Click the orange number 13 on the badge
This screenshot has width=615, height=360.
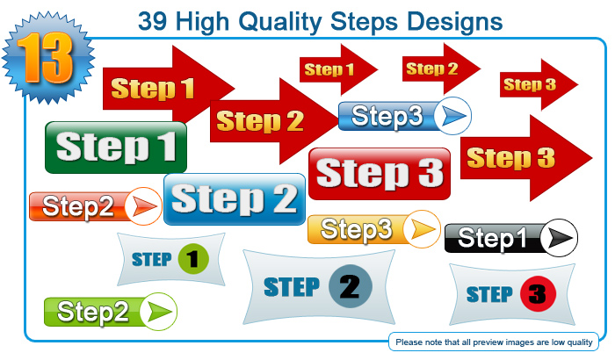(x=46, y=58)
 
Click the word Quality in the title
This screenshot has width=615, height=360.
(x=280, y=22)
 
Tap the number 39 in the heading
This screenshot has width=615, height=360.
(x=153, y=21)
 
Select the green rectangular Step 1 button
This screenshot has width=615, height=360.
(x=116, y=148)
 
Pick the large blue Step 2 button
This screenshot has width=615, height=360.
(x=235, y=199)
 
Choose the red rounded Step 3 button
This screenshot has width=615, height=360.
(x=380, y=174)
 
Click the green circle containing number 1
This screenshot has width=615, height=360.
(x=193, y=259)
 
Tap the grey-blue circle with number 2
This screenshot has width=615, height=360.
(x=351, y=286)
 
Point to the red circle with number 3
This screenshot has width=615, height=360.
(x=538, y=294)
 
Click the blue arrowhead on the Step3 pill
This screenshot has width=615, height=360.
(x=454, y=116)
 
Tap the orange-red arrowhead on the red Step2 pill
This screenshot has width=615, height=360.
(x=145, y=206)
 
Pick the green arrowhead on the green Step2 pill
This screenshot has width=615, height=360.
(x=159, y=312)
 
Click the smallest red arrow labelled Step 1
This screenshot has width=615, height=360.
(x=338, y=69)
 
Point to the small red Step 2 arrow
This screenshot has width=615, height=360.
(x=441, y=69)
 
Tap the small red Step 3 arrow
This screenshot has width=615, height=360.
(x=539, y=84)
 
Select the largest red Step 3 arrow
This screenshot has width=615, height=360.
(x=526, y=158)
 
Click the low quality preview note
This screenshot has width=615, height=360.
(x=494, y=342)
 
